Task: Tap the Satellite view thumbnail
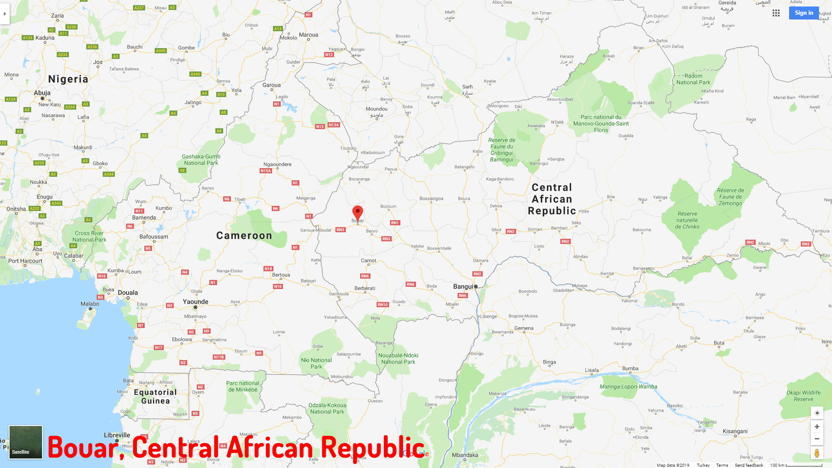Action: click(x=26, y=442)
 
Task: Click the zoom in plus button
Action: click(x=817, y=427)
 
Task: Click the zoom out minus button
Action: click(x=817, y=439)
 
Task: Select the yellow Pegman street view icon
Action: click(x=817, y=453)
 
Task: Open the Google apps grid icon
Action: click(x=776, y=13)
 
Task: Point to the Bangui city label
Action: click(x=463, y=286)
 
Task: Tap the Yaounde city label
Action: click(x=195, y=302)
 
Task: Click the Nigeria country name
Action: click(x=68, y=79)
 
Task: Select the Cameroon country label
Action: click(x=244, y=236)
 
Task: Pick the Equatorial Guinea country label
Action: click(x=155, y=396)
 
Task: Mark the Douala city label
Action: click(x=128, y=292)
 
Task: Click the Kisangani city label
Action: click(x=735, y=431)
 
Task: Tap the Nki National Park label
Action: click(x=316, y=363)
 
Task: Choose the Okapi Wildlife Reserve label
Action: click(x=803, y=396)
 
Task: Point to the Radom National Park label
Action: click(x=693, y=79)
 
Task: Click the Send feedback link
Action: click(x=749, y=465)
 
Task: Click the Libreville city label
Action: click(x=117, y=435)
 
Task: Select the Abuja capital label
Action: click(x=42, y=93)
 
